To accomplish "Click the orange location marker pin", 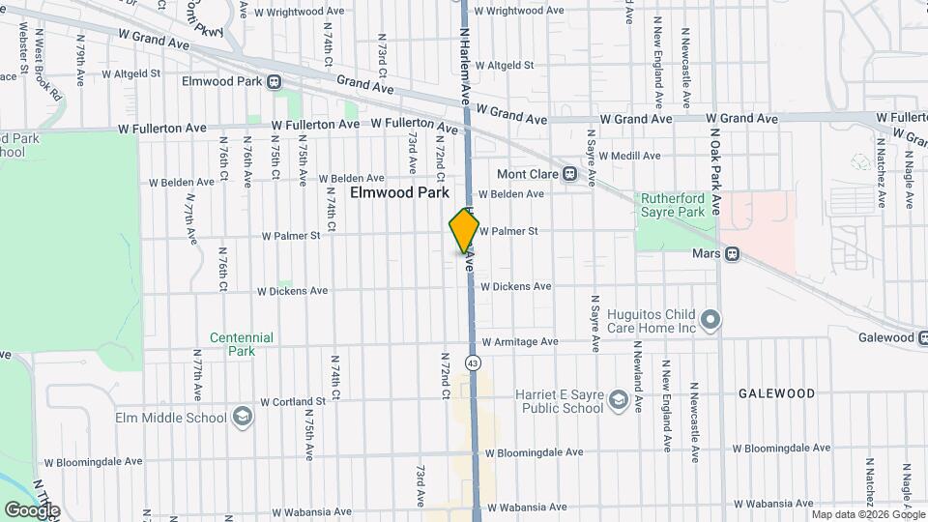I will click(x=464, y=231).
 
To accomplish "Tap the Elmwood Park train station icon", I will click(x=275, y=81).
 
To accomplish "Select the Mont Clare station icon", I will click(x=569, y=175).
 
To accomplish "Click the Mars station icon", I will click(x=733, y=254).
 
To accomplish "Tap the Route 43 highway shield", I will click(x=472, y=362).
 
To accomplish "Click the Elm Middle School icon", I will click(x=242, y=418).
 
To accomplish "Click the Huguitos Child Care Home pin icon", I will click(x=711, y=319).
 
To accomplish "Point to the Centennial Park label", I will click(x=243, y=344).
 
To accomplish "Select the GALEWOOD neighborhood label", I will click(x=776, y=394).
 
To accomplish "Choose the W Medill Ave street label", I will click(x=629, y=156).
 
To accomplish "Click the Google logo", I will click(x=32, y=509).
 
